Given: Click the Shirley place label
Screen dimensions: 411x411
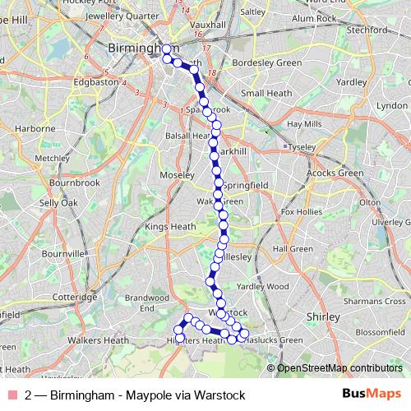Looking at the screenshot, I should coord(322,316).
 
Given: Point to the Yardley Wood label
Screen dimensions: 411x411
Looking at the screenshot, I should coord(263,286).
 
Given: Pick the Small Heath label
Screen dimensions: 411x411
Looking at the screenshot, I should coord(264,93).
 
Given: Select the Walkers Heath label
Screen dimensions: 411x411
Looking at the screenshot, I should coord(98,339).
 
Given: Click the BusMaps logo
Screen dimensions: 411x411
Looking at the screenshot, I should coord(371,395).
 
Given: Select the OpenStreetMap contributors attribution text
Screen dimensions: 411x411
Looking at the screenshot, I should coord(339,368).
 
